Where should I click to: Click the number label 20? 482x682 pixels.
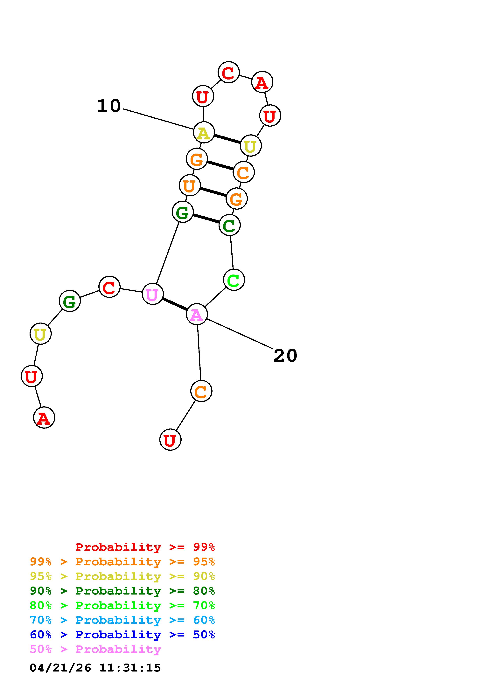coord(285,356)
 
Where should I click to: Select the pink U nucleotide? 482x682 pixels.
coord(152,294)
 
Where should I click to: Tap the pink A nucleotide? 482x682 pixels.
coord(197,314)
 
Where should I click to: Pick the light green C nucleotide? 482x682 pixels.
coord(234,280)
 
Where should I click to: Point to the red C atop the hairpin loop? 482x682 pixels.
coord(228,73)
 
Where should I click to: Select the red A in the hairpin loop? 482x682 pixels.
coord(262,82)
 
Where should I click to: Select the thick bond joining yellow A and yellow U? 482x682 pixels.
coord(227,139)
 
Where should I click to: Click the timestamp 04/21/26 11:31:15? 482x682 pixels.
coord(95,668)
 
